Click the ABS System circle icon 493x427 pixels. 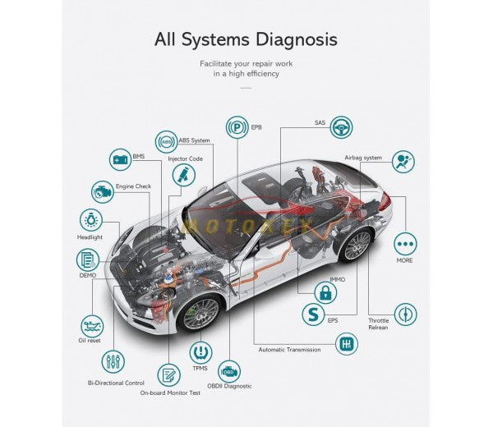point(167,141)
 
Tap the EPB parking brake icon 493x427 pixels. point(237,128)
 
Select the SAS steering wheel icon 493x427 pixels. point(343,128)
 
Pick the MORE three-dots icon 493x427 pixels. point(406,244)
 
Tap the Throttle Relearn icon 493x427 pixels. point(406,314)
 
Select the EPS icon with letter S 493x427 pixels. point(311,314)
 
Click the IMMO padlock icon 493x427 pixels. point(325,291)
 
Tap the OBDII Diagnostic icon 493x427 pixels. point(230,370)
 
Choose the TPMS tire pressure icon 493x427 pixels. point(200,353)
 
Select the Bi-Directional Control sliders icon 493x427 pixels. point(114,361)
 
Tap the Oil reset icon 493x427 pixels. point(92,325)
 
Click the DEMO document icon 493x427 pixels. point(87,260)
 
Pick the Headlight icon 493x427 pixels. point(90,220)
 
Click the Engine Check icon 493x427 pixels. point(102,191)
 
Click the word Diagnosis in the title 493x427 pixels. point(293,39)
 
